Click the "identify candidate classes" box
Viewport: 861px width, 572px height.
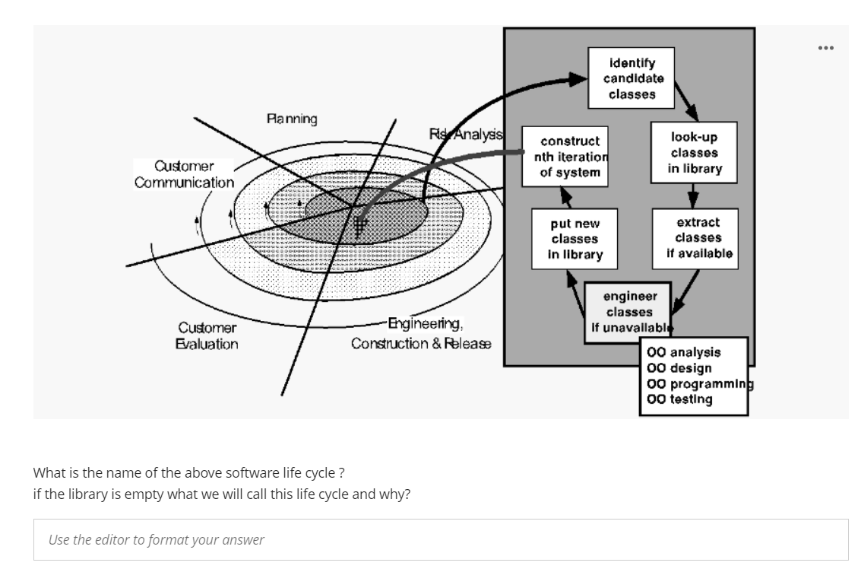pyautogui.click(x=632, y=78)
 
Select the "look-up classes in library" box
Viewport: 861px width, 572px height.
pyautogui.click(x=694, y=152)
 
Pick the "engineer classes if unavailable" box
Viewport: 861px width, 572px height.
pyautogui.click(x=629, y=312)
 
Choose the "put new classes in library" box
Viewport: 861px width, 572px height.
pyautogui.click(x=574, y=239)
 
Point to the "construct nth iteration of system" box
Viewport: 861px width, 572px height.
pyautogui.click(x=570, y=157)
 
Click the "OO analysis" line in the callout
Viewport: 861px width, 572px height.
pyautogui.click(x=684, y=352)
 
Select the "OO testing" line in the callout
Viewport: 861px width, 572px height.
pyautogui.click(x=680, y=399)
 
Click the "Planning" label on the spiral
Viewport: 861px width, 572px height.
pyautogui.click(x=292, y=119)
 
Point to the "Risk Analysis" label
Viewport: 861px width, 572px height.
pyautogui.click(x=465, y=135)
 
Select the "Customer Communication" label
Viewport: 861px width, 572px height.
pyautogui.click(x=184, y=174)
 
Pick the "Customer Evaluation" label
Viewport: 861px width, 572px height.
pyautogui.click(x=207, y=336)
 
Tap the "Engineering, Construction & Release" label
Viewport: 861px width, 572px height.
pyautogui.click(x=421, y=334)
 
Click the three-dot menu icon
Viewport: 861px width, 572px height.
pyautogui.click(x=826, y=48)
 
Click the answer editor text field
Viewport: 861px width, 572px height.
pyautogui.click(x=441, y=540)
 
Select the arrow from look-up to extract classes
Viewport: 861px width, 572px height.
pyautogui.click(x=693, y=195)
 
